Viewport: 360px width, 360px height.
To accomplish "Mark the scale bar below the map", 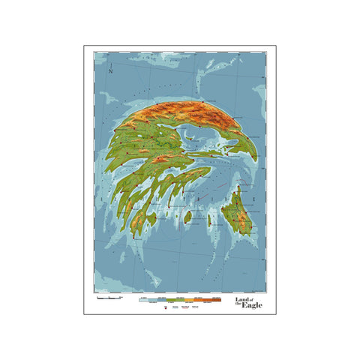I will [x=109, y=298].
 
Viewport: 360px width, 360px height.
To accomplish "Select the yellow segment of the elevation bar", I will [x=196, y=298].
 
